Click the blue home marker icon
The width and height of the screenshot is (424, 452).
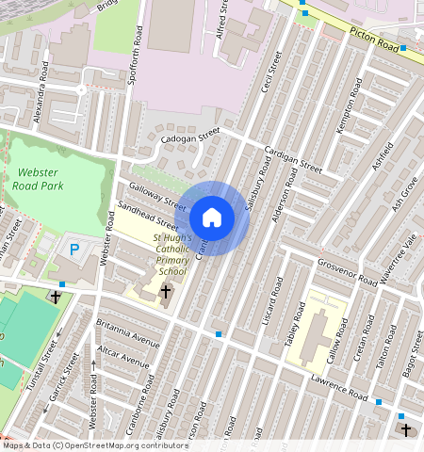(x=212, y=218)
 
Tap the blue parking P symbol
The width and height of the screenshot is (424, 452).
(x=74, y=250)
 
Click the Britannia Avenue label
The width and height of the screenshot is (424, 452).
(x=128, y=331)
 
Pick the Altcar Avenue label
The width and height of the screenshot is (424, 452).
(x=123, y=356)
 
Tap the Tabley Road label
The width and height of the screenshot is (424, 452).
(x=295, y=325)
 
